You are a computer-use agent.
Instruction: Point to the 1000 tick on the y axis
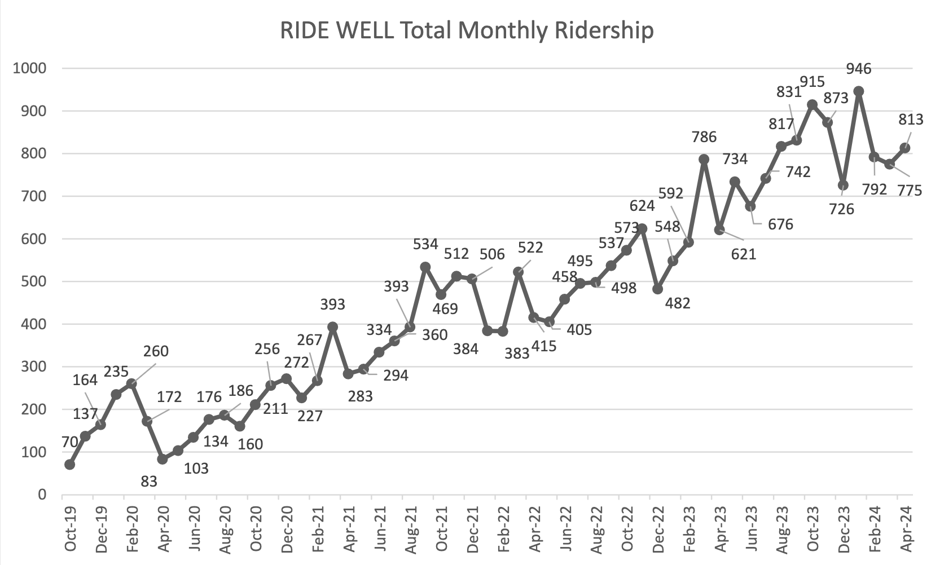[30, 68]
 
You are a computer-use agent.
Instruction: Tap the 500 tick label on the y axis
[34, 281]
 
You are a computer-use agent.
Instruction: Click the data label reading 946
[859, 69]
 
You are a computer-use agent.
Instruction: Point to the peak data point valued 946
[859, 91]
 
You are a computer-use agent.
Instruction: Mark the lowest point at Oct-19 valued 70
[70, 464]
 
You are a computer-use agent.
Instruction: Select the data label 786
[704, 136]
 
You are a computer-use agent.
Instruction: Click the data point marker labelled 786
[704, 160]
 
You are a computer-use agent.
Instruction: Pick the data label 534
[425, 244]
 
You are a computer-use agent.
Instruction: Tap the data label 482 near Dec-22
[678, 303]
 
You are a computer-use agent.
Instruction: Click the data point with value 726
[843, 185]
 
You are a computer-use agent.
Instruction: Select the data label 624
[642, 206]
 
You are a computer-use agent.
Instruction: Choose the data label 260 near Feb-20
[156, 351]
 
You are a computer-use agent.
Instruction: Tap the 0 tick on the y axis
[42, 495]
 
